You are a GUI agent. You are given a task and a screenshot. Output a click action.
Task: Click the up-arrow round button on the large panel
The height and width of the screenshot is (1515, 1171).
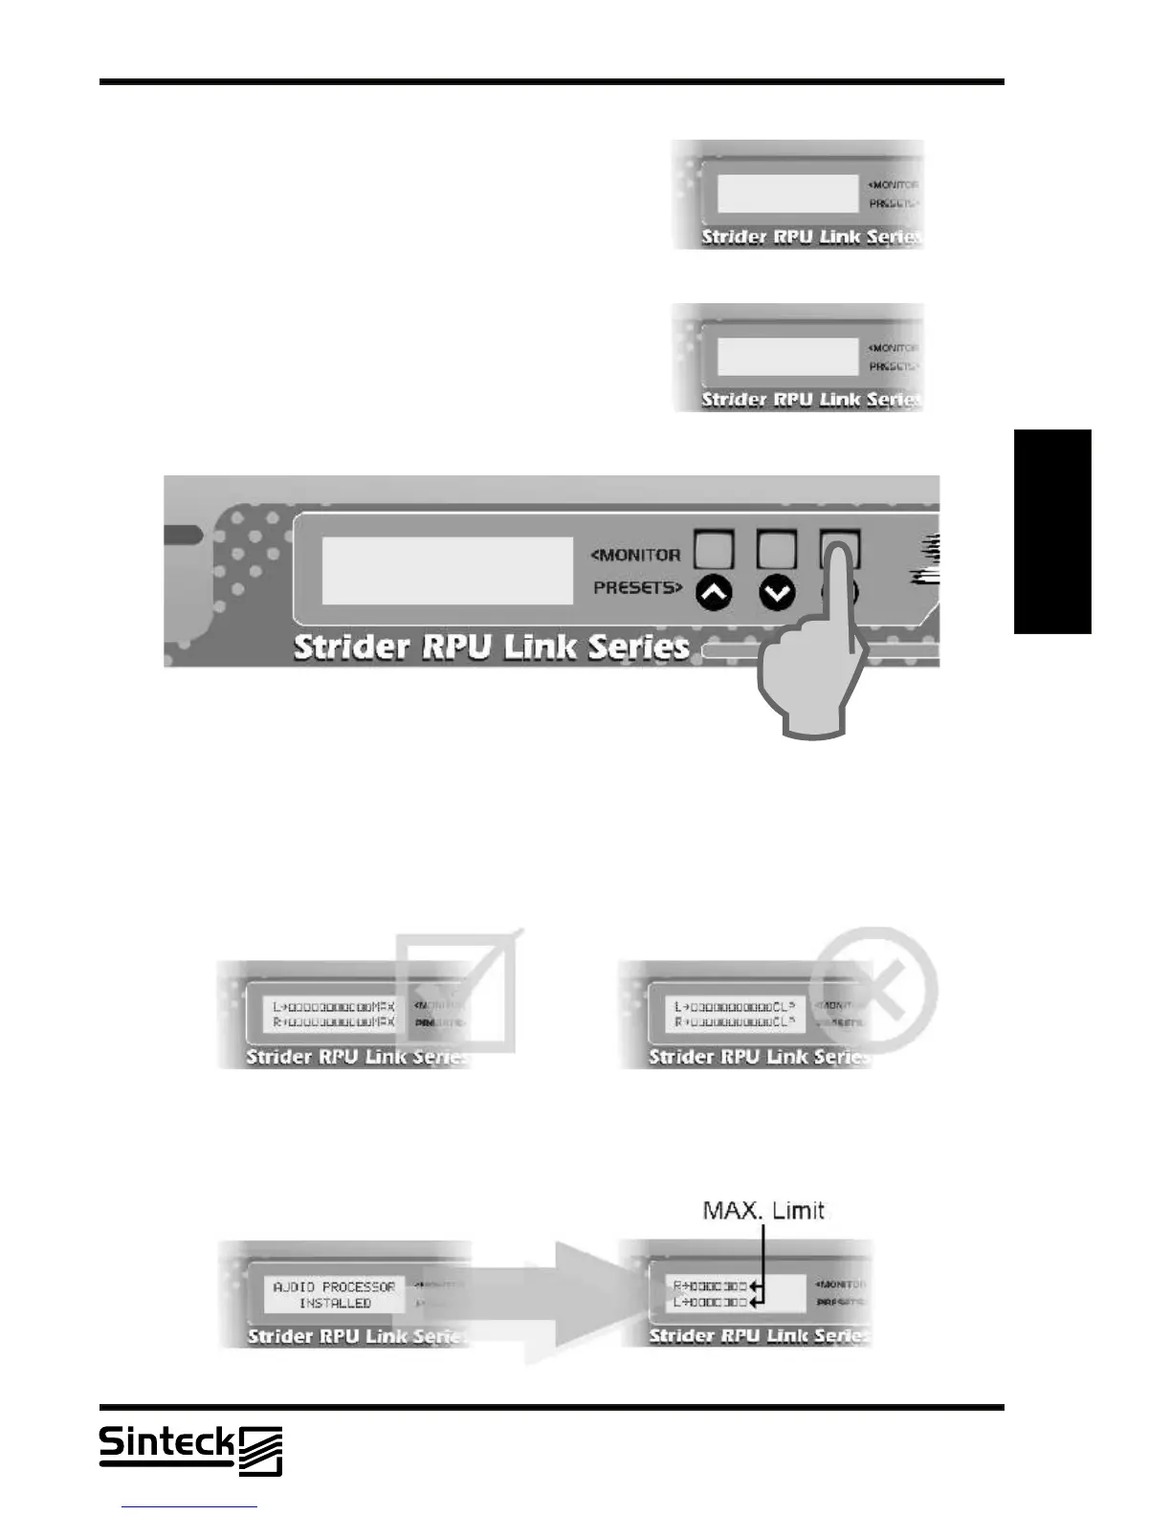tap(714, 594)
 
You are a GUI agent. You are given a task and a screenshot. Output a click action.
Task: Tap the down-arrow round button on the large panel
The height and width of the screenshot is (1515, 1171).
tap(777, 594)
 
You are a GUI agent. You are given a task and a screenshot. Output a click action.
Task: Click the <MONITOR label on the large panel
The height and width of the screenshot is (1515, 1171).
tap(636, 555)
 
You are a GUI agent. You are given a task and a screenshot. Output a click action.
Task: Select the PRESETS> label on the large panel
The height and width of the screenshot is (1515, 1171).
tap(638, 587)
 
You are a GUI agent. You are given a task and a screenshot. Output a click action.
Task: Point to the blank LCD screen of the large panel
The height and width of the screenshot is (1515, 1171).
tap(447, 570)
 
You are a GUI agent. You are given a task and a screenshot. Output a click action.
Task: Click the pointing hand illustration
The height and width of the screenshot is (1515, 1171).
tap(813, 670)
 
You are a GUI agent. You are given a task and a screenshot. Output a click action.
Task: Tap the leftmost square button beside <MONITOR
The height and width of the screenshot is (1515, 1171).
tap(714, 549)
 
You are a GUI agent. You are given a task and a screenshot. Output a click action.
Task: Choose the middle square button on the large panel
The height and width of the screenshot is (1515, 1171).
tap(776, 549)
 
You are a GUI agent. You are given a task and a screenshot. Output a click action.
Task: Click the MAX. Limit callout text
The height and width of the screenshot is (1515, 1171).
tap(763, 1211)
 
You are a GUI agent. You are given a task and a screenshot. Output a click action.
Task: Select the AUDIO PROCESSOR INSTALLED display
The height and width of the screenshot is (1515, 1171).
tap(334, 1295)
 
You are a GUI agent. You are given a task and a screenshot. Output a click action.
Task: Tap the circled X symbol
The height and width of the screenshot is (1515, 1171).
tap(873, 990)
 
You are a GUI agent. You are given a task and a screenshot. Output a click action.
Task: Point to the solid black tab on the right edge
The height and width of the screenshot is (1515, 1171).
tap(1052, 532)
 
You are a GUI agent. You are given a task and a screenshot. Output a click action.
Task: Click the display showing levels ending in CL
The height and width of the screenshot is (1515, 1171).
tap(735, 1014)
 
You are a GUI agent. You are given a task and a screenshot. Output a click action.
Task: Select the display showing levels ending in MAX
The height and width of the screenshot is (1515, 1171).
tap(334, 1014)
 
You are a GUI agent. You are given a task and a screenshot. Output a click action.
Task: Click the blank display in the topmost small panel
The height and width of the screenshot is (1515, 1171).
tap(787, 194)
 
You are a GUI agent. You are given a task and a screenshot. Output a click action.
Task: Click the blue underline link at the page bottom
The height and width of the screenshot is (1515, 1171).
tap(189, 1506)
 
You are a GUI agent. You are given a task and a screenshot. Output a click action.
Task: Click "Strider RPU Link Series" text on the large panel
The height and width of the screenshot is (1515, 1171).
tap(492, 647)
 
